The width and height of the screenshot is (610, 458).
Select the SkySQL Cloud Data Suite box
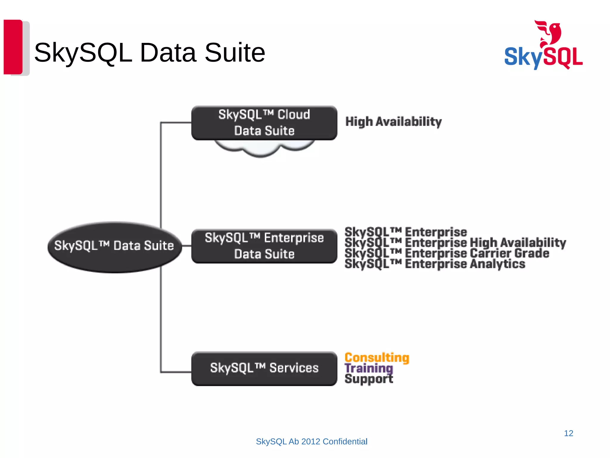[264, 123]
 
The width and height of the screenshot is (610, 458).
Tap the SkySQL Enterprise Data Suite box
[264, 246]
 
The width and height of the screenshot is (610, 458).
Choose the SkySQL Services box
[264, 369]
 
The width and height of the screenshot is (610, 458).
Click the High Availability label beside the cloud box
[393, 122]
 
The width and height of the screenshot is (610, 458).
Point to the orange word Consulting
[377, 358]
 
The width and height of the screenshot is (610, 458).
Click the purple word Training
[369, 368]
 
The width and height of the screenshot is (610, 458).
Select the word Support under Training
[369, 379]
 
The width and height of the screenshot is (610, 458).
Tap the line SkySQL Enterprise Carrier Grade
[447, 253]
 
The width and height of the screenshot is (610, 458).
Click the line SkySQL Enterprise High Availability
[455, 243]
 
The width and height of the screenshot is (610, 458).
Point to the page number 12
[568, 433]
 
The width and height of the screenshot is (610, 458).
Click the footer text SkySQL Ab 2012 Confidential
[312, 442]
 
